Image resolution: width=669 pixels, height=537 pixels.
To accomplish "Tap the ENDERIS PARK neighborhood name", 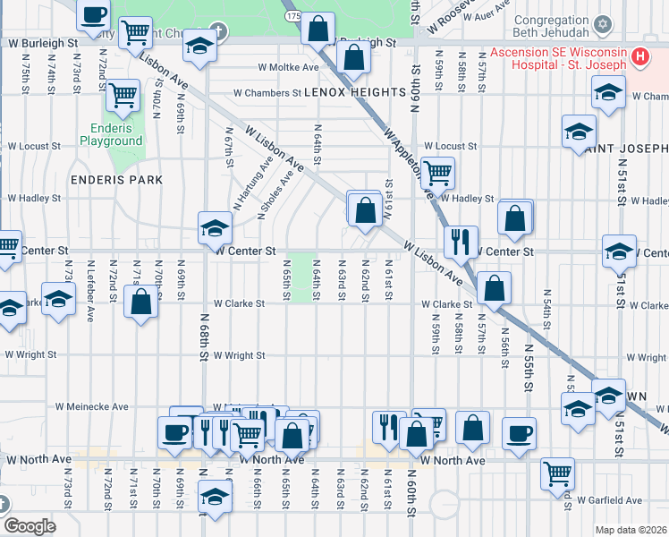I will (117, 180).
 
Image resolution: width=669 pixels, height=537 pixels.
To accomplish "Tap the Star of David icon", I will (602, 22).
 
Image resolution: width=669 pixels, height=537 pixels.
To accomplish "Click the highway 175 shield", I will (293, 16).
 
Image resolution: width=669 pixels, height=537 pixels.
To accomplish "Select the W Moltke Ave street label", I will (288, 67).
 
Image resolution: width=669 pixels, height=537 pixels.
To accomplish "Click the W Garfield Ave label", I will (610, 499).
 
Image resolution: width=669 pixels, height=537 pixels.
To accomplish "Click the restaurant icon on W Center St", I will (461, 240).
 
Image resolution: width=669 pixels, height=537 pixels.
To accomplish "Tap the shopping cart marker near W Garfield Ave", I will (558, 472).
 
